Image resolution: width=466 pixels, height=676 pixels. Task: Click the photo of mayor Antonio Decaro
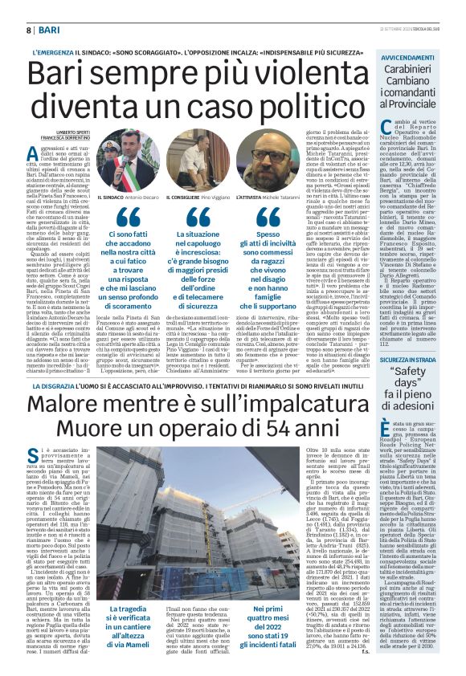tap(126, 160)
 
